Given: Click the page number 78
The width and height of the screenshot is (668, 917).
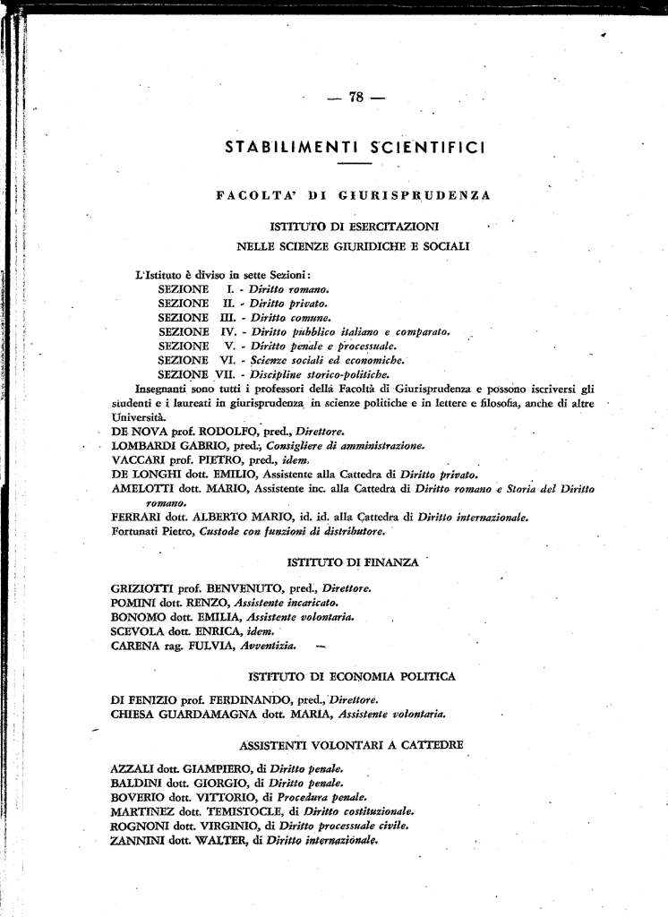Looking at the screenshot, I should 355,99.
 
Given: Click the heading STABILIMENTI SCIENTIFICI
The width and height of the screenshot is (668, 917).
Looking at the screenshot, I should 355,146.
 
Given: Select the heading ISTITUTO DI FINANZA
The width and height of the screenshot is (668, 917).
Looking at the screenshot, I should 352,562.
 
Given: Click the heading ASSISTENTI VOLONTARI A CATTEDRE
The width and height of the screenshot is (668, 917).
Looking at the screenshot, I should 352,744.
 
